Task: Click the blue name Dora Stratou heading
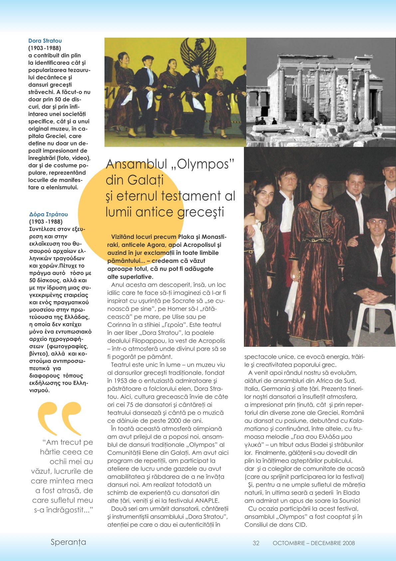45,41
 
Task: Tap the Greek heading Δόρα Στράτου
49,214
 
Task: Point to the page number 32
256,543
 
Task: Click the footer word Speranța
68,542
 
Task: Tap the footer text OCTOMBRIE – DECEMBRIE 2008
313,543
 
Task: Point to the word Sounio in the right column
349,501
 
